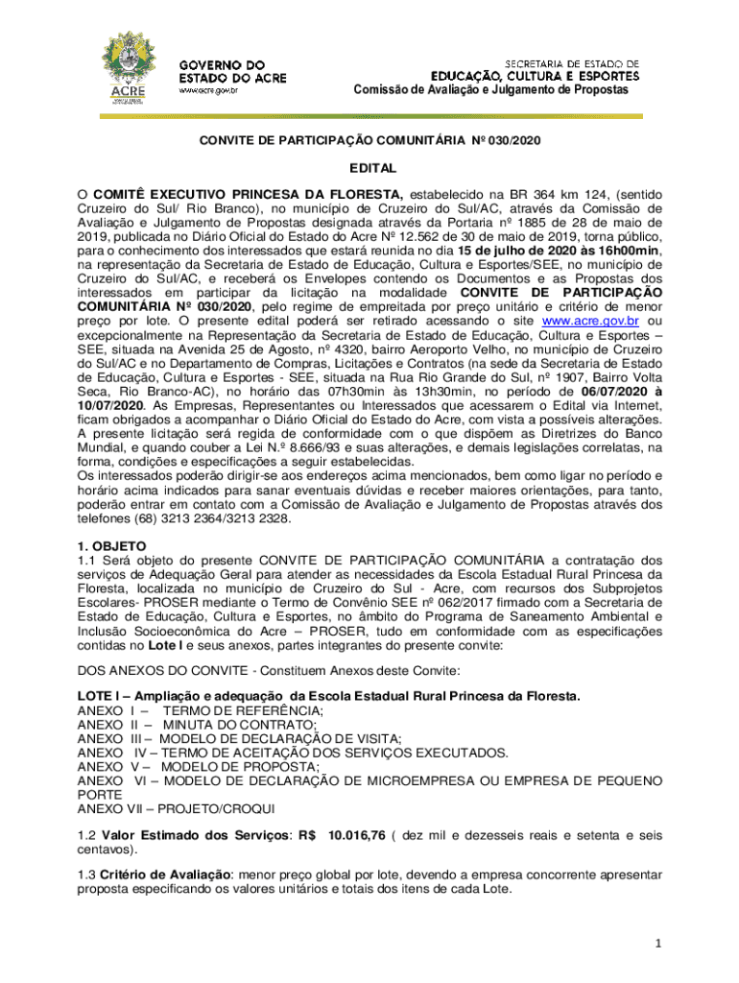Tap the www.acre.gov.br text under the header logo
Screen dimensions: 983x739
coord(209,91)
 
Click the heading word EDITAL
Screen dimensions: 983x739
coord(369,167)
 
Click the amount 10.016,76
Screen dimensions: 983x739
coord(357,836)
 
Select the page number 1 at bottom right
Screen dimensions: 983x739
coord(657,944)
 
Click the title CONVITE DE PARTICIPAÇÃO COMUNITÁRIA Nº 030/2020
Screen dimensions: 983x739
coord(369,141)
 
